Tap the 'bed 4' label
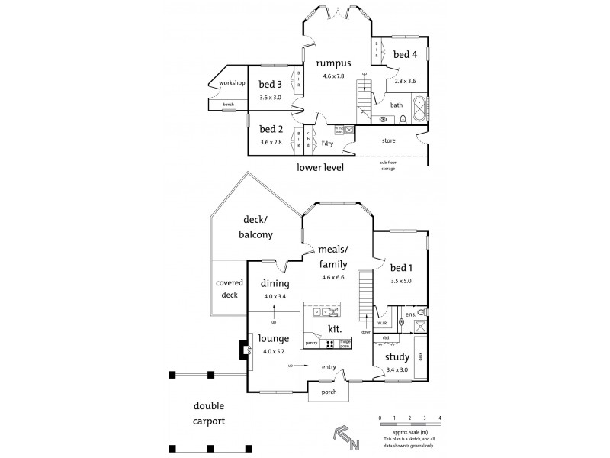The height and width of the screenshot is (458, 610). coord(405,54)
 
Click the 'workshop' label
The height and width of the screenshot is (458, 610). coord(231,82)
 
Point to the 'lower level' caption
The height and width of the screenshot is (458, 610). coord(319,166)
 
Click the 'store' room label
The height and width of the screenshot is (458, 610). coord(389,140)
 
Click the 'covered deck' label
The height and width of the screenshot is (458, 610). coord(229,289)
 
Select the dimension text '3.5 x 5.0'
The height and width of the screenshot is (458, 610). coord(401,282)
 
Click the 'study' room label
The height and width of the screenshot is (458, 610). coord(396,356)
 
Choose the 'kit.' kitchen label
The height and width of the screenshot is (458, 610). coord(334,329)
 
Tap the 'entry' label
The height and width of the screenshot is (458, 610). coord(328,368)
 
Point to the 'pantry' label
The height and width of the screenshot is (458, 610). coord(311,343)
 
